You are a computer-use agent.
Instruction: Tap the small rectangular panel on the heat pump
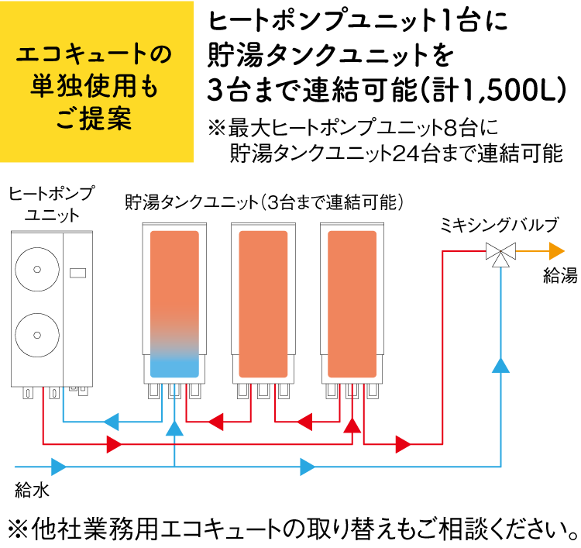pos(77,273)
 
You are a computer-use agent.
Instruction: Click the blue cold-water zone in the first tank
pos(174,364)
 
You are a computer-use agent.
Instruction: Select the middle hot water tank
pos(263,302)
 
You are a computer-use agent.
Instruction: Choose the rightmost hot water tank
pos(352,302)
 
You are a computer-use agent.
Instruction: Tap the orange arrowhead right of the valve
pos(557,251)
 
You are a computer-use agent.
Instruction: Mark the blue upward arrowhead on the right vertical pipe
pos(501,364)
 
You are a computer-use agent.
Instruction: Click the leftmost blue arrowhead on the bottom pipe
pos(59,467)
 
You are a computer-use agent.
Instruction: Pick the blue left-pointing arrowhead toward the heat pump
pos(111,422)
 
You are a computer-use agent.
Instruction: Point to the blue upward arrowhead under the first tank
pos(174,428)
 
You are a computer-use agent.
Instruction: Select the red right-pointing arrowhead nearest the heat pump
pos(114,444)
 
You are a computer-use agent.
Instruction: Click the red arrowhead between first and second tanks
pos(215,422)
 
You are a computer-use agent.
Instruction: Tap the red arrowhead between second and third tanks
pos(304,422)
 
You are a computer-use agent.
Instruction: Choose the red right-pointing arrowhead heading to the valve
pos(403,444)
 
